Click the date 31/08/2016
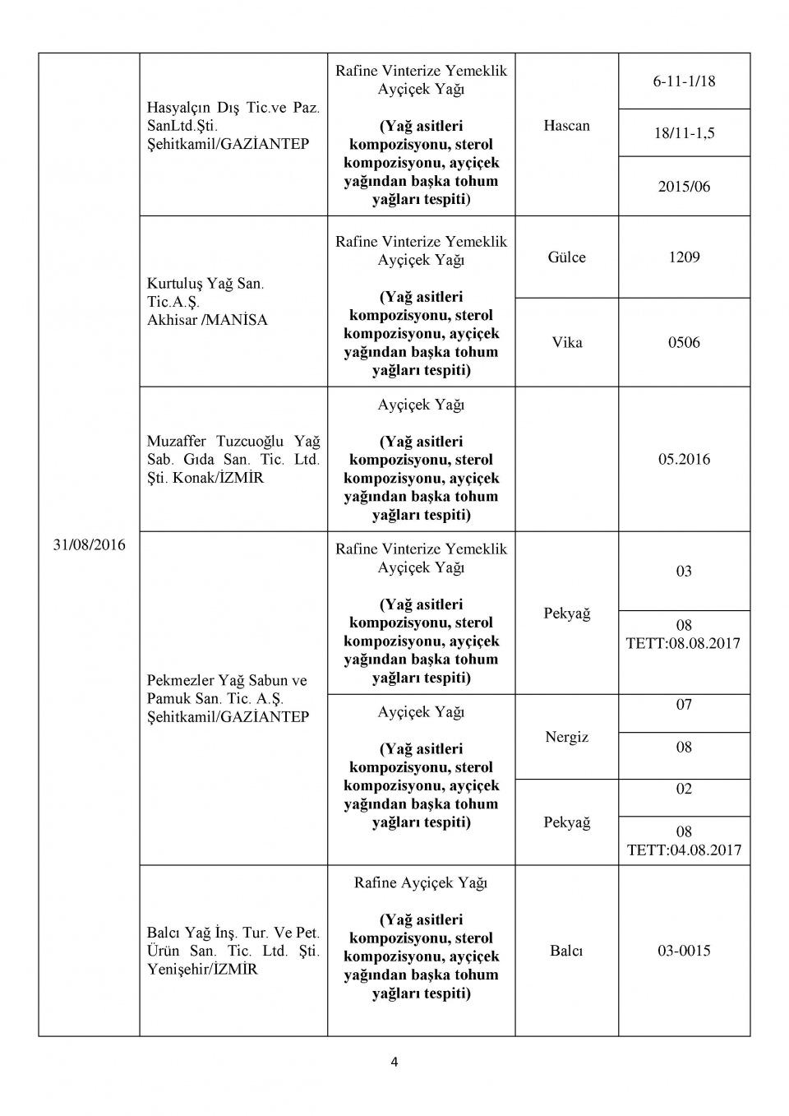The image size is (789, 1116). point(89,544)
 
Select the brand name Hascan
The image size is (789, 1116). point(566,126)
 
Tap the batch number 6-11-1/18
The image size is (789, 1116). point(684,81)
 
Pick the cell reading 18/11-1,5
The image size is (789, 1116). point(684,132)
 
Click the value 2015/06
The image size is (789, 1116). point(684,187)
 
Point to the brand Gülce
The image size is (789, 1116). point(566,257)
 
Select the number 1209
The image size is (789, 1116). point(684,257)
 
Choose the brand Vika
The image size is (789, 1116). point(566,342)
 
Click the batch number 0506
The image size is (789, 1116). point(684,342)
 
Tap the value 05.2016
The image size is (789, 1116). point(684,459)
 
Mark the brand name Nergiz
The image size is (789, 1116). point(566,737)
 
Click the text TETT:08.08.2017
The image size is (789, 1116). point(683,643)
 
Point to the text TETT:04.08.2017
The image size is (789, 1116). point(684,850)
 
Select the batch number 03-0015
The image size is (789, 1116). point(684,951)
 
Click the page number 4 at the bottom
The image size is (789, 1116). point(394,1062)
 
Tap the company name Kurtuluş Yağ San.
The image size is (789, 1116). point(205,284)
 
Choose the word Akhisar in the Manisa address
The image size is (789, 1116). point(173,320)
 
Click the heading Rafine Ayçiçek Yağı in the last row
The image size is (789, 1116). point(421,882)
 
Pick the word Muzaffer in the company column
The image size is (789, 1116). point(177,442)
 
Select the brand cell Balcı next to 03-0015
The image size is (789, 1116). point(566,951)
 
